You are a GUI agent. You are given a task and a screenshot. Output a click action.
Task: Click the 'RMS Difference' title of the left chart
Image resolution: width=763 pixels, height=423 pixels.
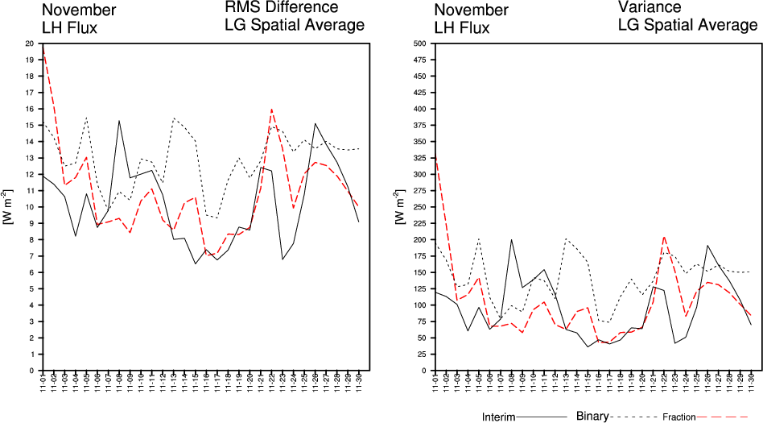pyautogui.click(x=281, y=8)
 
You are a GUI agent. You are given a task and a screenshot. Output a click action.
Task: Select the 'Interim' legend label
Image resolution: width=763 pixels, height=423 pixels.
pyautogui.click(x=498, y=417)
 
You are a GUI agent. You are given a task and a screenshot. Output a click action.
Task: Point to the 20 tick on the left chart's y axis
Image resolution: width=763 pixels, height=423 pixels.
pyautogui.click(x=29, y=44)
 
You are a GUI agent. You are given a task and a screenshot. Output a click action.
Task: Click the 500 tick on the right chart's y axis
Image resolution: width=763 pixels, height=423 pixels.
pyautogui.click(x=419, y=44)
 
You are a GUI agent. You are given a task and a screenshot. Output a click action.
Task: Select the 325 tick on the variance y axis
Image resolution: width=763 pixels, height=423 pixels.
pyautogui.click(x=419, y=158)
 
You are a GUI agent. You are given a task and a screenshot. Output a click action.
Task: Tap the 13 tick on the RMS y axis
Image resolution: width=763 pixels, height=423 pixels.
pyautogui.click(x=29, y=158)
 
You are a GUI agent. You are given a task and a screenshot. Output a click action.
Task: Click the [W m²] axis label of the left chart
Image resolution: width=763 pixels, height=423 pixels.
pyautogui.click(x=9, y=208)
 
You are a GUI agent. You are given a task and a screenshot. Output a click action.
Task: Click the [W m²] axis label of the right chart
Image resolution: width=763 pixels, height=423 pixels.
pyautogui.click(x=399, y=208)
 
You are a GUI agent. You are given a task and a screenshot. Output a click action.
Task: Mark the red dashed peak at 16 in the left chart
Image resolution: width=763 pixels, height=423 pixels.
pyautogui.click(x=272, y=109)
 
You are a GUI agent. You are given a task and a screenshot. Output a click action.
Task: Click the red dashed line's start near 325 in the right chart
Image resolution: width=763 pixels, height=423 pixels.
pyautogui.click(x=435, y=158)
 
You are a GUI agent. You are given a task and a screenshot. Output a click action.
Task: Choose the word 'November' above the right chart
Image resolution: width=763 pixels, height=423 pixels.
pyautogui.click(x=471, y=10)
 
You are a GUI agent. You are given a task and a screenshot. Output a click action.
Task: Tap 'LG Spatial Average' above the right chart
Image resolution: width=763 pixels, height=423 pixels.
pyautogui.click(x=687, y=26)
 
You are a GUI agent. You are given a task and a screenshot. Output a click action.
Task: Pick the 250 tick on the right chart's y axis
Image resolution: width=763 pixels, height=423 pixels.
pyautogui.click(x=419, y=207)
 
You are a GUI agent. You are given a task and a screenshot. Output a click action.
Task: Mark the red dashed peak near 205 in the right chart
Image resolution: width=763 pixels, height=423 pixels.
pyautogui.click(x=663, y=237)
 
